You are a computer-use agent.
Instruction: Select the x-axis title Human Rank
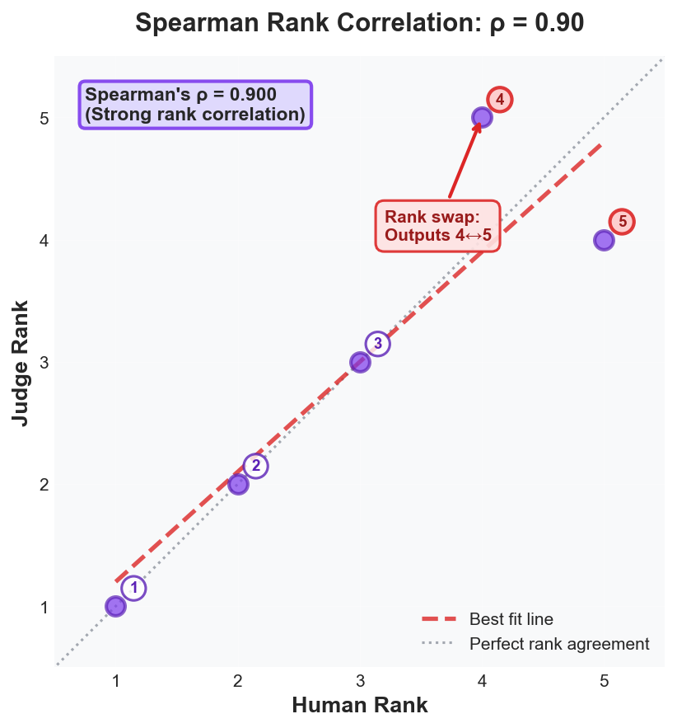click(x=360, y=706)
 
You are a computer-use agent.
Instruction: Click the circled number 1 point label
click(x=133, y=588)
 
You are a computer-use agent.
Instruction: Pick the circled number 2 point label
click(x=256, y=466)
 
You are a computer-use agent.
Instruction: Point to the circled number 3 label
click(x=378, y=344)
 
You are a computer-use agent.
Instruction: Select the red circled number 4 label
click(x=500, y=100)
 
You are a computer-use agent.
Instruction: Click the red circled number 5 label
click(x=622, y=222)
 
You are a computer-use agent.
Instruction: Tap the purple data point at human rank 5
click(x=604, y=240)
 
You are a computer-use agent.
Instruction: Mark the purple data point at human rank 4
click(x=482, y=118)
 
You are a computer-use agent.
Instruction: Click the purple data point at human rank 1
click(x=116, y=606)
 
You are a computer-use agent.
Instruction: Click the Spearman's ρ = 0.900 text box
click(x=195, y=105)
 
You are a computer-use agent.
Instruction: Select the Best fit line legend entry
click(x=511, y=619)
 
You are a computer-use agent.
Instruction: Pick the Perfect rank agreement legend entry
click(x=559, y=644)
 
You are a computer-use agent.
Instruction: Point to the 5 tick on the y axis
click(x=44, y=119)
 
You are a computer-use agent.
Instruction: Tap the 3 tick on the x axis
click(x=360, y=681)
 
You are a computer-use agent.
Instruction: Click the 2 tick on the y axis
click(x=44, y=485)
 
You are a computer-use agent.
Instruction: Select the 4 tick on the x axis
click(x=482, y=681)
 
